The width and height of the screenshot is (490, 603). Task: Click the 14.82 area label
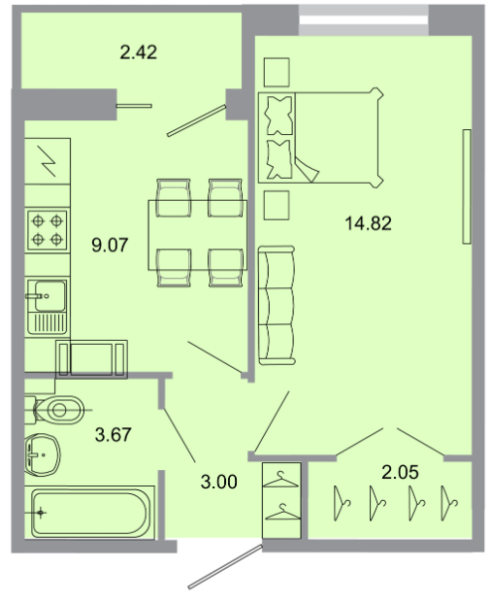[x=368, y=223]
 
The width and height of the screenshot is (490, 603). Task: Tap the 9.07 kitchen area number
[x=110, y=245]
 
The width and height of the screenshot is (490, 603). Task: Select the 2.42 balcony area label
[x=139, y=52]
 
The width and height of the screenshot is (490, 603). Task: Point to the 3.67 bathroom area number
[x=113, y=435]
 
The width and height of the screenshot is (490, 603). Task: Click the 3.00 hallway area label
[x=219, y=482]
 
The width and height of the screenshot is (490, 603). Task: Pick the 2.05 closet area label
[x=400, y=472]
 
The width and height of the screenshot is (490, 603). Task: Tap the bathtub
[x=89, y=513]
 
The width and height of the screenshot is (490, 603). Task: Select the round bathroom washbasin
[x=43, y=454]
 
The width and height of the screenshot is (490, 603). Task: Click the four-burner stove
[x=48, y=230]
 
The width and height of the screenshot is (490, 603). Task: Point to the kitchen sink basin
[x=49, y=295]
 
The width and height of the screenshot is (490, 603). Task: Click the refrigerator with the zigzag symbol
[x=48, y=161]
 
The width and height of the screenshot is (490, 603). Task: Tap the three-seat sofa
[x=277, y=305]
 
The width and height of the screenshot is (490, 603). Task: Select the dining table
[x=198, y=235]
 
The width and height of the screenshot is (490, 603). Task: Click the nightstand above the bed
[x=277, y=72]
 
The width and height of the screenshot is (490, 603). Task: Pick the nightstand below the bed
[x=277, y=205]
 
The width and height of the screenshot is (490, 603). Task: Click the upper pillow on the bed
[x=279, y=116]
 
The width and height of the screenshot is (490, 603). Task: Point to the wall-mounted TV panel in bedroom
[x=467, y=186]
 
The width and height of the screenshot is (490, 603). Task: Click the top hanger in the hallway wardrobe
[x=281, y=480]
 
